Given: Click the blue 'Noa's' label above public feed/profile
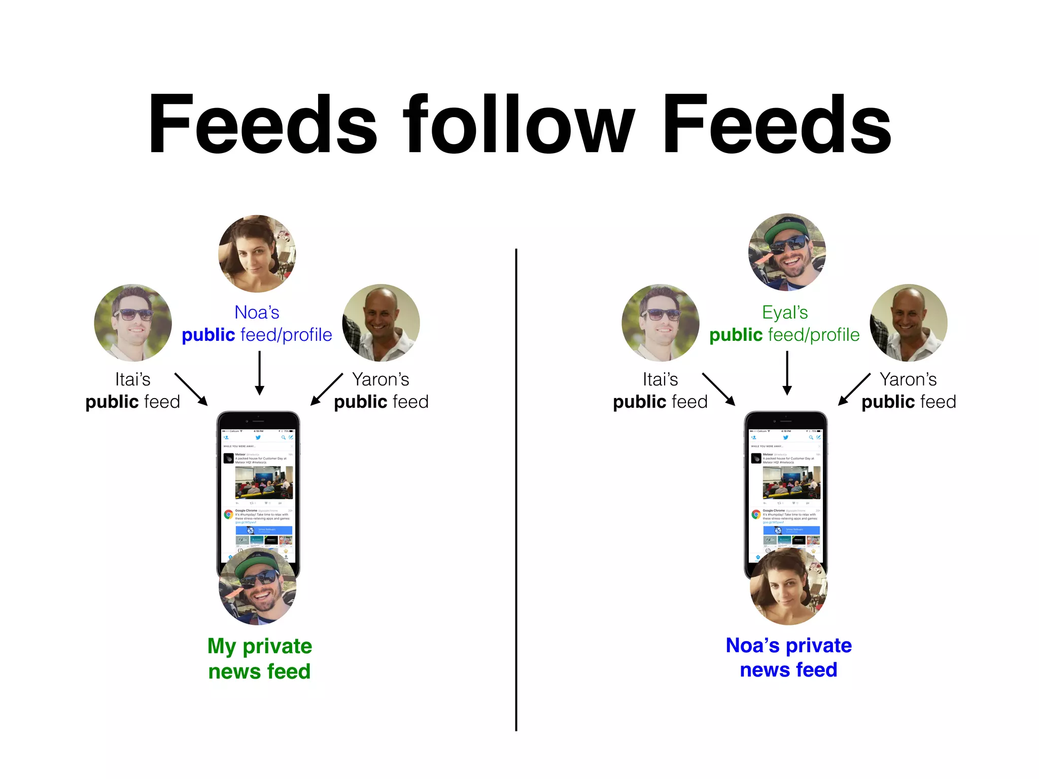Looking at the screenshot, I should pos(257,312).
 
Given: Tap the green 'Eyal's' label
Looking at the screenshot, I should pos(785,312).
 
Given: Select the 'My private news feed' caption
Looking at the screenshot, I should pos(259,658).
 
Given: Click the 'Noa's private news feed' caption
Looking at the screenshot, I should pos(788,657).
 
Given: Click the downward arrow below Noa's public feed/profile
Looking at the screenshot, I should pos(259,373).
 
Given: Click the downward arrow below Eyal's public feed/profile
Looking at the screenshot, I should pos(787,373).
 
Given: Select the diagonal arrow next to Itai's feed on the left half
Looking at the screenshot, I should pos(191,389).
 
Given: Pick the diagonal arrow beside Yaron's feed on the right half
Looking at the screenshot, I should pos(854,389).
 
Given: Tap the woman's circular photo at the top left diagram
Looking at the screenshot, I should pos(257,254).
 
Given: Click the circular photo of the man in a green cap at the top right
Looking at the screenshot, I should pos(787,252).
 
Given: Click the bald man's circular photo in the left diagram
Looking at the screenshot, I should pos(381,323).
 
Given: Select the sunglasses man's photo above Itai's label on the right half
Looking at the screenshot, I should pos(660,323).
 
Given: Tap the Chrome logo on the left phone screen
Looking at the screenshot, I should pos(229,514).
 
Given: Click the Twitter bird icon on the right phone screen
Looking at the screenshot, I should pos(785,437).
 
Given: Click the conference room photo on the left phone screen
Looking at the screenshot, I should pos(264,482).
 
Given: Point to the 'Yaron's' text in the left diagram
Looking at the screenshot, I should pos(380,379).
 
